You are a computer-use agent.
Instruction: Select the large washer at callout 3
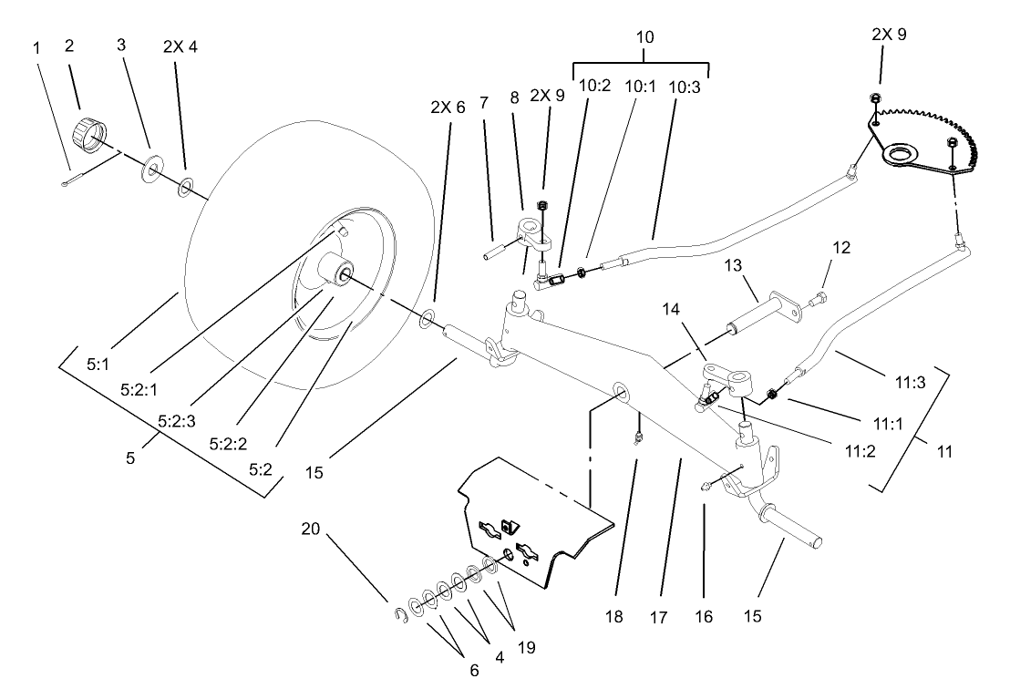[x=149, y=171]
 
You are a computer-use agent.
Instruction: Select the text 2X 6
[x=448, y=107]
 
